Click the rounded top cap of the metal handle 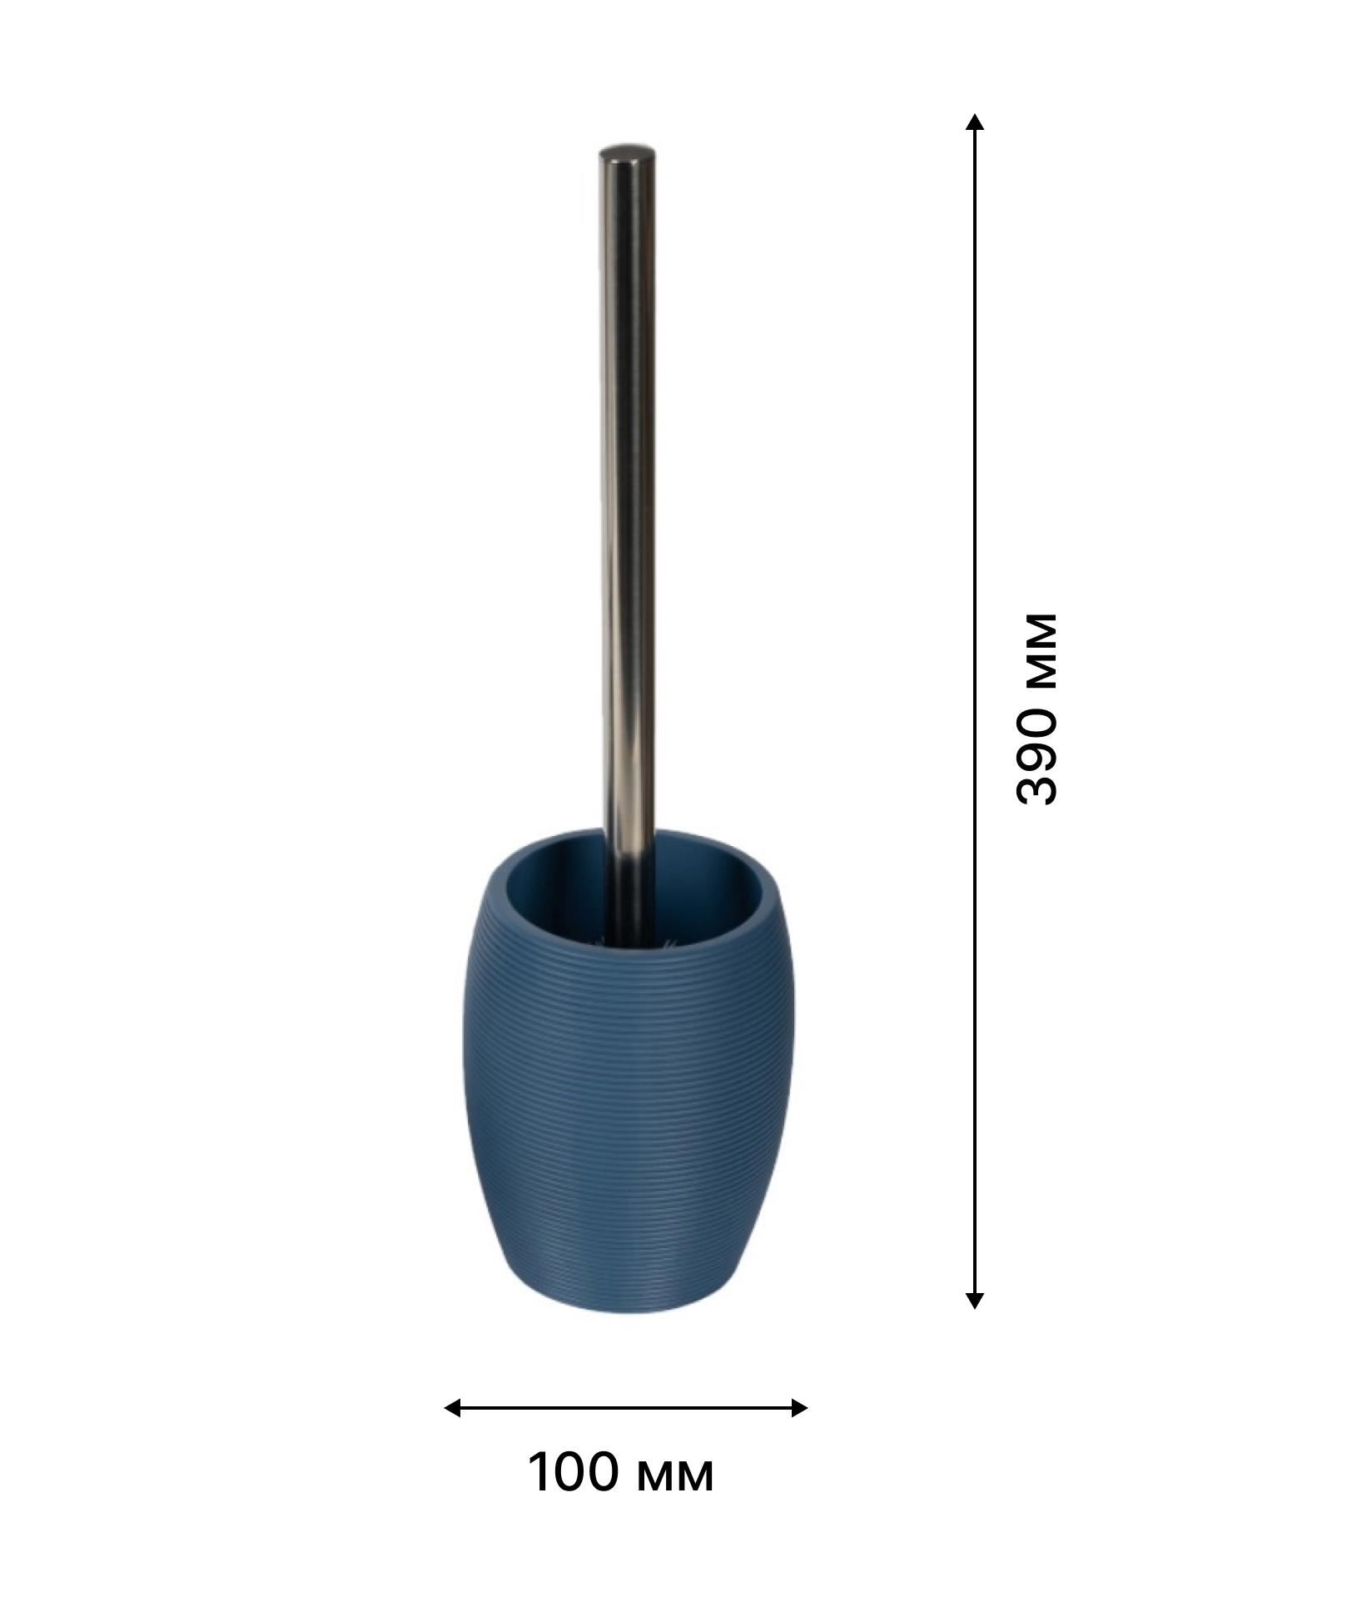[x=628, y=154]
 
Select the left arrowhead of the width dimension [x=453, y=1408]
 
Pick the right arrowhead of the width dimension [x=798, y=1408]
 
